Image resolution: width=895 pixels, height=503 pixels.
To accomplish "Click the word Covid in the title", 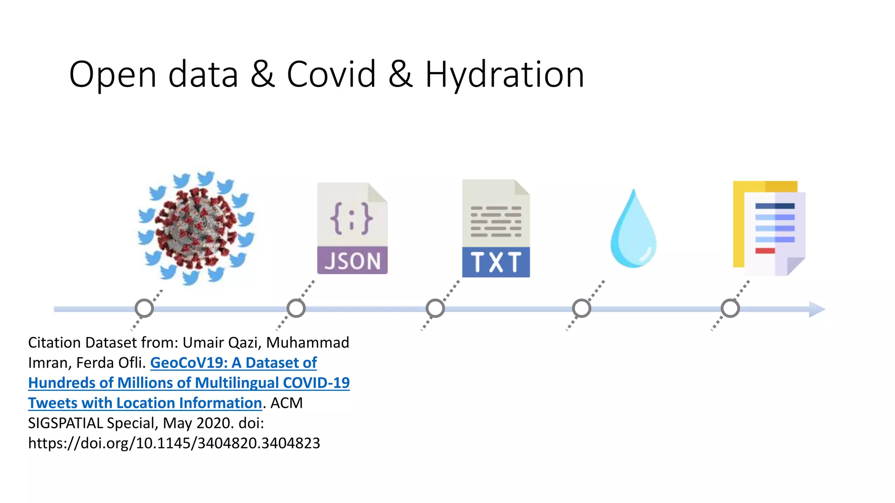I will [x=331, y=74].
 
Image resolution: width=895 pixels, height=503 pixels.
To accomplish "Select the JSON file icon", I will [x=352, y=228].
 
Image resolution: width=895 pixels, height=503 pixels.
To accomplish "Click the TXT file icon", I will [x=496, y=228].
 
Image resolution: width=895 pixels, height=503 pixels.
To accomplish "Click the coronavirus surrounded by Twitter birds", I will [x=196, y=227].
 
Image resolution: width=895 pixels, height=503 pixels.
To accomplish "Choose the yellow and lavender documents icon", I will [x=769, y=228].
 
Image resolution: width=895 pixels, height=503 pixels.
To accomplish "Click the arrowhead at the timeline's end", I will [x=816, y=309].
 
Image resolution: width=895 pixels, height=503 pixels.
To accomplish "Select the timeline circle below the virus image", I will [x=144, y=308].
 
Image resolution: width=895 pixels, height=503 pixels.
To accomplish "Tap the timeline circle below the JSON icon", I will [x=296, y=308].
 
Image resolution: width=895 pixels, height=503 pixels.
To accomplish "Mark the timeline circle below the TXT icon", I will [x=435, y=308].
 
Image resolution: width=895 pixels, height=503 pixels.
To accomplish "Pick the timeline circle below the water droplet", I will [x=582, y=308].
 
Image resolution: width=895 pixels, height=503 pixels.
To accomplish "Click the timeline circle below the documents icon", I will [x=730, y=308].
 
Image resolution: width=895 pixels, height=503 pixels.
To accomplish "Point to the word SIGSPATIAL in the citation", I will [x=66, y=423].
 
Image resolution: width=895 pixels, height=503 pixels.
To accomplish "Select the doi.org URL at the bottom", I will [x=174, y=443].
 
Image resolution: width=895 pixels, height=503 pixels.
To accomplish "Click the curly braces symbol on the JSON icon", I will [x=351, y=218].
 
